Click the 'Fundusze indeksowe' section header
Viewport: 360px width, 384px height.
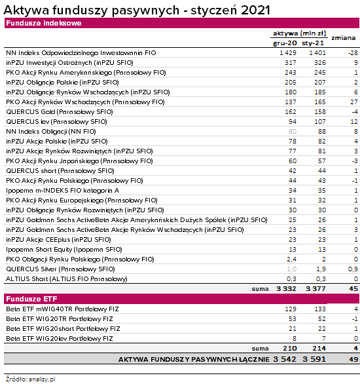pyautogui.click(x=44, y=24)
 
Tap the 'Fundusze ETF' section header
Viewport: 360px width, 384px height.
pyautogui.click(x=31, y=299)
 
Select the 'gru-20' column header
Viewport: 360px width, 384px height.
pyautogui.click(x=285, y=43)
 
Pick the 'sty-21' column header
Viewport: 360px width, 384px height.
pyautogui.click(x=313, y=43)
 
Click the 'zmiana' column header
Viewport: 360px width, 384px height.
pyautogui.click(x=344, y=38)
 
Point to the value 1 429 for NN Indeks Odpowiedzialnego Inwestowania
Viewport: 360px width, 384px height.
pyautogui.click(x=288, y=53)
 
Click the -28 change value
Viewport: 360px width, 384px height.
pyautogui.click(x=353, y=53)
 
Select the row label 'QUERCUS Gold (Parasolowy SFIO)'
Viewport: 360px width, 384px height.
pyautogui.click(x=60, y=112)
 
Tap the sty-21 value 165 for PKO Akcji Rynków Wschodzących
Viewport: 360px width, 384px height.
pyautogui.click(x=320, y=102)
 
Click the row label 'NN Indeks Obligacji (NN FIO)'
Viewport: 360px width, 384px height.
pyautogui.click(x=51, y=132)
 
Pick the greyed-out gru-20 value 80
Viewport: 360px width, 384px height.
pyautogui.click(x=293, y=132)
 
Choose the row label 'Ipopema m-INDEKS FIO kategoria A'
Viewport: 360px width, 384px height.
pyautogui.click(x=63, y=191)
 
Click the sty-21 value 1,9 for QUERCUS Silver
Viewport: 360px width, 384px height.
pyautogui.click(x=321, y=269)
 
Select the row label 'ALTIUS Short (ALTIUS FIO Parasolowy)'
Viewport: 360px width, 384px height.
pyautogui.click(x=67, y=279)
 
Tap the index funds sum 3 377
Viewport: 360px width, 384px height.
pyautogui.click(x=315, y=289)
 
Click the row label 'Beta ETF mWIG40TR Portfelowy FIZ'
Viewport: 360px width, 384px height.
pyautogui.click(x=62, y=309)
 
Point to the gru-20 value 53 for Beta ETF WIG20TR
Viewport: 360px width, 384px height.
pyautogui.click(x=293, y=319)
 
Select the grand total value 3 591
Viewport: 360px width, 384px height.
pyautogui.click(x=314, y=359)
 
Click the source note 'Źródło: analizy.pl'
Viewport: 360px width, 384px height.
pyautogui.click(x=31, y=379)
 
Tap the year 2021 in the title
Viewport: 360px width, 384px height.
pyautogui.click(x=255, y=10)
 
